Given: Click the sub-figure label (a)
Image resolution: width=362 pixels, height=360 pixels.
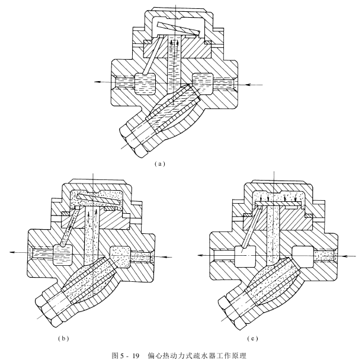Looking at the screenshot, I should (159, 162).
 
